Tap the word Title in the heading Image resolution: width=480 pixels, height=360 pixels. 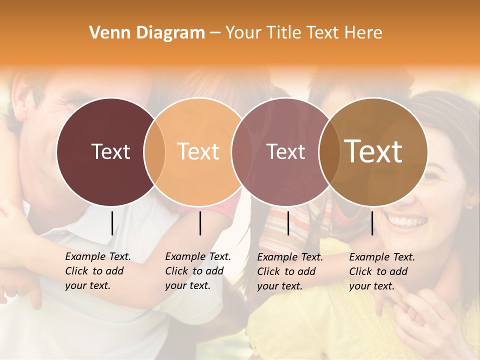(284, 33)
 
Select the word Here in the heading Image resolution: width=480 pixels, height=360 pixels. (364, 33)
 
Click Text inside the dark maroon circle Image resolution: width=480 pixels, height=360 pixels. (110, 151)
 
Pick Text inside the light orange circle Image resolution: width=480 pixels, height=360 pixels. (198, 151)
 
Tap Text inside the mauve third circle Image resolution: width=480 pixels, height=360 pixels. (286, 151)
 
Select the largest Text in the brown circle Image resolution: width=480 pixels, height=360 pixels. (373, 151)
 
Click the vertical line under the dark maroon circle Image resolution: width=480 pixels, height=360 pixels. (112, 223)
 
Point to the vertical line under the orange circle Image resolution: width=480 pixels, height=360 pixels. (200, 223)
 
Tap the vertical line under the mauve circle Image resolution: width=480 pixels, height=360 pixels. (288, 223)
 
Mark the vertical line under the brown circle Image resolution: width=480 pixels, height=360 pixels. (372, 223)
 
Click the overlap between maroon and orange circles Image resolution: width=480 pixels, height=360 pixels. (154, 151)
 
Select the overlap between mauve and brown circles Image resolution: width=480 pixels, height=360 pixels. (328, 151)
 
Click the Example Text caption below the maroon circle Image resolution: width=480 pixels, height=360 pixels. (98, 271)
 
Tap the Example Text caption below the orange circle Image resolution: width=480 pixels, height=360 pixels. (198, 271)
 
